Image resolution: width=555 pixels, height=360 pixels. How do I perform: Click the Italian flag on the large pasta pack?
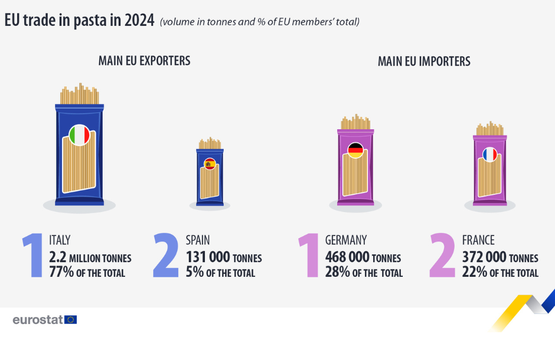79,135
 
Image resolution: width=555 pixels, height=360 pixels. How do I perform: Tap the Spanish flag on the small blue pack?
210,163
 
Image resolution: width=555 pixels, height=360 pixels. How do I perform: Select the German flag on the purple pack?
355,150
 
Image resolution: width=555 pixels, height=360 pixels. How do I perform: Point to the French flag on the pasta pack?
490,155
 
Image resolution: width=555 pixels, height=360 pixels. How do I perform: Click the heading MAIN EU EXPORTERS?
144,61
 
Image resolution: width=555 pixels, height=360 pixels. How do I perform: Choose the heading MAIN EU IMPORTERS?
424,61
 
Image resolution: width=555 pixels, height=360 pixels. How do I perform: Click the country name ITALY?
60,240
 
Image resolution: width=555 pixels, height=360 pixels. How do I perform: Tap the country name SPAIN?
198,240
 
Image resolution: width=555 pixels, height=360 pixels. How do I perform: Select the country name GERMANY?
346,240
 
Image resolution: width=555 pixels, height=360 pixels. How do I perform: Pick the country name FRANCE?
478,240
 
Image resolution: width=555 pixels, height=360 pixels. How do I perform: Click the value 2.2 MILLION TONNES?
90,257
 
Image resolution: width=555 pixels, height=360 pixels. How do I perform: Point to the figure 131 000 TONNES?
224,257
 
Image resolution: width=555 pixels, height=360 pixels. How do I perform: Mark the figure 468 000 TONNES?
363,257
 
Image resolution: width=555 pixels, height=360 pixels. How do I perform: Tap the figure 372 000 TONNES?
500,257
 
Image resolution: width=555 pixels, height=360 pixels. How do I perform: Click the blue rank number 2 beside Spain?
166,256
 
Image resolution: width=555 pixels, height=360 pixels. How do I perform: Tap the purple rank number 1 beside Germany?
311,256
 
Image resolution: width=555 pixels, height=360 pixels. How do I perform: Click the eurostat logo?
45,320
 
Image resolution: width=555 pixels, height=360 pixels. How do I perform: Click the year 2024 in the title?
140,20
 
